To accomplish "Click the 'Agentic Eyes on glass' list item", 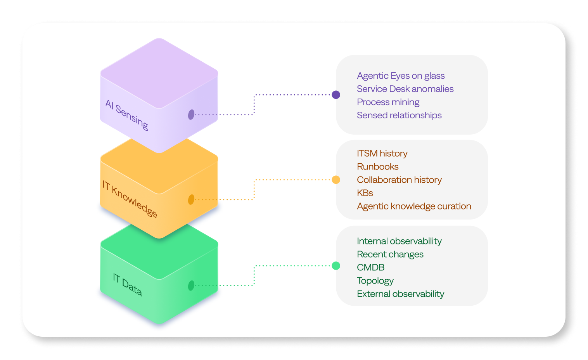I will pos(401,76).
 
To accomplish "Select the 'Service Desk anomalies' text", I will pos(405,89).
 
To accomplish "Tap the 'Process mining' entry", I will pos(388,102).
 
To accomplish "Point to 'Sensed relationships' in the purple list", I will pos(399,115).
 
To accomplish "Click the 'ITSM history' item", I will pos(382,153).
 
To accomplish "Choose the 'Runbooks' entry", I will pos(377,166).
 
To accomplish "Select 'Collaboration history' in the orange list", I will pos(399,180).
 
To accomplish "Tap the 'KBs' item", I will pos(365,193).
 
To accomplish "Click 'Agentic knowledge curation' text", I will pos(414,206).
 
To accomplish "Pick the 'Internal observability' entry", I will pos(399,241).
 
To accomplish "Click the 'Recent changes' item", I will pos(390,254).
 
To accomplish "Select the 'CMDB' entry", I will pos(370,267).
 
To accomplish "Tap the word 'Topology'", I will pos(375,280).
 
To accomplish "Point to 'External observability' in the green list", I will pos(400,294).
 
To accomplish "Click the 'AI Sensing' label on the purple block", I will pos(127,115).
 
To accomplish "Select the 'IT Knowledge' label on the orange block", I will pos(130,199).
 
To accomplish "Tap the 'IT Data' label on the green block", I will pos(127,285).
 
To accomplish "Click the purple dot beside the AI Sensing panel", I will pos(336,95).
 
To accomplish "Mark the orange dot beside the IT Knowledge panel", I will pos(336,180).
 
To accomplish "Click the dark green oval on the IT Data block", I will pos(191,286).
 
